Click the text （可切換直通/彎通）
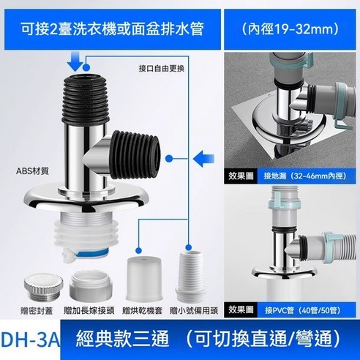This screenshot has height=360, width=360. click(244, 339)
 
